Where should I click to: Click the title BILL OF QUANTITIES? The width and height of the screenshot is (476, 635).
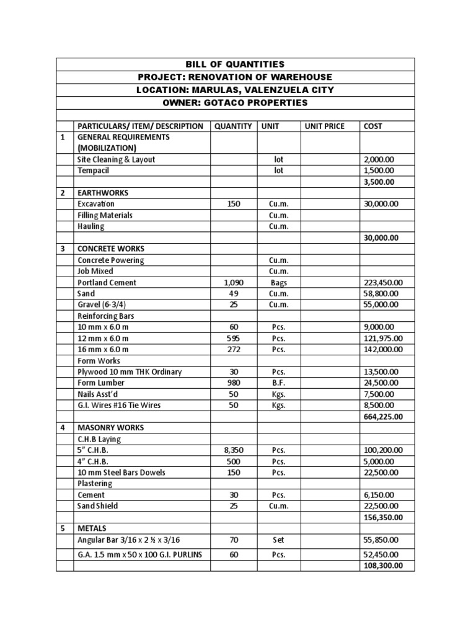235,64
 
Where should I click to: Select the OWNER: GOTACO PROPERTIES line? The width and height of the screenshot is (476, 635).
235,102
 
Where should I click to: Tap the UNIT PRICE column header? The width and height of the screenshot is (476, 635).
324,126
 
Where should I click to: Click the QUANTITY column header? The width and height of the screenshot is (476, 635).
233,126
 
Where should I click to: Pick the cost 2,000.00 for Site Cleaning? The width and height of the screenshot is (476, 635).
378,159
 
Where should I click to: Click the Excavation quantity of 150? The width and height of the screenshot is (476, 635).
233,204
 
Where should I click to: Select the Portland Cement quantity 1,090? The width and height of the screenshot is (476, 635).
233,282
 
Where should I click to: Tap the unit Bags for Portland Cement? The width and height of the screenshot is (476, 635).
278,282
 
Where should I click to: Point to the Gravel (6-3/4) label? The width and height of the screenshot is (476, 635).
105,304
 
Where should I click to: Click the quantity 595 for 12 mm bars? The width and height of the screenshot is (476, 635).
233,338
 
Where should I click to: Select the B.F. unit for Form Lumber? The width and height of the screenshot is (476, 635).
278,383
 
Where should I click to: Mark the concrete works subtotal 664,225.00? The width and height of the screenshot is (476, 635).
384,416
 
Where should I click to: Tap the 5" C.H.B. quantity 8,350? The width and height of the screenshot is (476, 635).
233,450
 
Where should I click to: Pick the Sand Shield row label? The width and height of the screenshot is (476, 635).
98,505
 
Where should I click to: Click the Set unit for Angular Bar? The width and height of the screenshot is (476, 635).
278,540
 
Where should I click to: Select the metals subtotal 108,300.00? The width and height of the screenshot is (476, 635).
384,566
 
